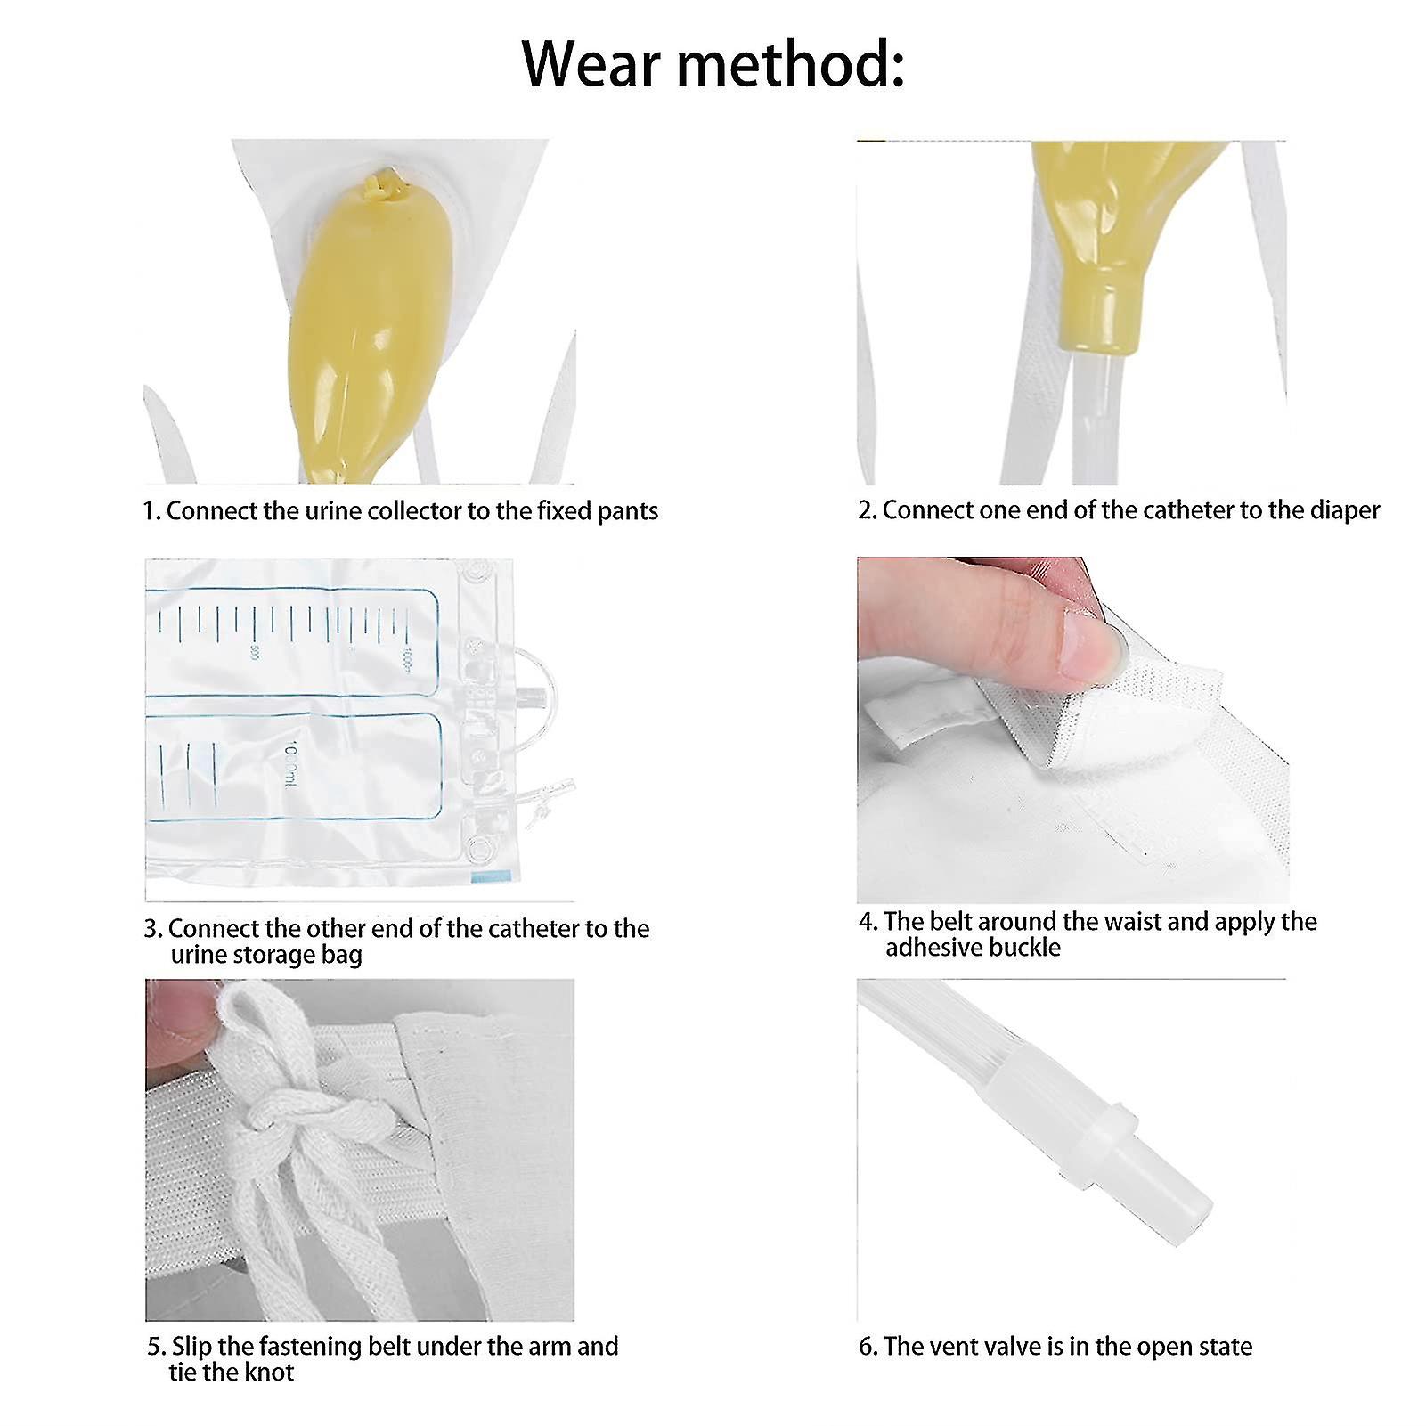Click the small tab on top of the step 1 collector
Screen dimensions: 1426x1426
pyautogui.click(x=375, y=186)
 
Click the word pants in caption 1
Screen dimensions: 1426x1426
pyautogui.click(x=629, y=511)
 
